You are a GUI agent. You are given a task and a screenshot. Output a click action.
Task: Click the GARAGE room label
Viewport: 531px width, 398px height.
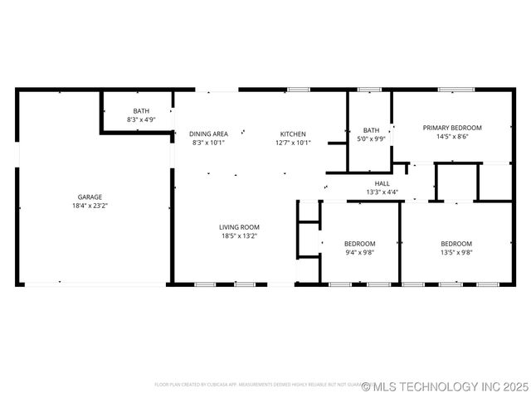click(x=90, y=197)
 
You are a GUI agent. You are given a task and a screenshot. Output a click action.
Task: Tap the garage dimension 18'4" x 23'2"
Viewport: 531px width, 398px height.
click(x=90, y=206)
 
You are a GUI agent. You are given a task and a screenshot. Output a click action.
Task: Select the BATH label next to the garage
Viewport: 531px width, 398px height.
click(x=141, y=111)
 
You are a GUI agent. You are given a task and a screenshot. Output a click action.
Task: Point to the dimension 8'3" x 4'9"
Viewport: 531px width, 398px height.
click(x=141, y=119)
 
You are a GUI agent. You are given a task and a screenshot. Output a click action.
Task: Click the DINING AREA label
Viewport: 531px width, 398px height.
click(x=208, y=133)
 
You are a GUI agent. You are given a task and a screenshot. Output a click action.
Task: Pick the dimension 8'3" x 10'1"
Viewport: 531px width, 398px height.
click(x=208, y=142)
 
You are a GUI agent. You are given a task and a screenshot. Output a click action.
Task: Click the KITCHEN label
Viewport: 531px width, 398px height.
click(x=293, y=133)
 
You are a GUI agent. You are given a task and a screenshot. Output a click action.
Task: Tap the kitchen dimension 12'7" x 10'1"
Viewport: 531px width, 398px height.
click(x=293, y=142)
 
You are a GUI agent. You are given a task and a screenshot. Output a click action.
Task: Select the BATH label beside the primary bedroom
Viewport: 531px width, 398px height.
click(x=371, y=130)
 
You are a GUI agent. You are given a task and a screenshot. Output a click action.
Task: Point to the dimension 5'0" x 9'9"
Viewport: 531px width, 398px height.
click(x=371, y=138)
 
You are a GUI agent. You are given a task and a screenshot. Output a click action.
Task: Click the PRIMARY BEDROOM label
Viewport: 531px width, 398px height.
click(x=452, y=128)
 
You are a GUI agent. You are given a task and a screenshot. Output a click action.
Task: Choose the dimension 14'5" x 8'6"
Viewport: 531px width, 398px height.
click(x=452, y=137)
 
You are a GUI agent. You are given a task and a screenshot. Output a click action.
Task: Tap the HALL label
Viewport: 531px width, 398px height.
click(x=382, y=183)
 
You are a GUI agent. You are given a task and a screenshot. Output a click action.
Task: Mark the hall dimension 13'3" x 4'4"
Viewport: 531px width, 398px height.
click(x=382, y=192)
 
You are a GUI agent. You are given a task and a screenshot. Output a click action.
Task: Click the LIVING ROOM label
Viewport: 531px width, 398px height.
click(x=240, y=227)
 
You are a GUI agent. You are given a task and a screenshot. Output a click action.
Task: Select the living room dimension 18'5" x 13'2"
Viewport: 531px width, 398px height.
click(x=240, y=235)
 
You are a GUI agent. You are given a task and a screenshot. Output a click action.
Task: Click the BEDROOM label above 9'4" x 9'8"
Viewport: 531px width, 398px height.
click(x=359, y=244)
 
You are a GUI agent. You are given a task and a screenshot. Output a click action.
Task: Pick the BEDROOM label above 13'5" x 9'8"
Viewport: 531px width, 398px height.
click(x=456, y=244)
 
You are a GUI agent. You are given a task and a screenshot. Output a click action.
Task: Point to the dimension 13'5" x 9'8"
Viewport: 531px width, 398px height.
click(x=456, y=252)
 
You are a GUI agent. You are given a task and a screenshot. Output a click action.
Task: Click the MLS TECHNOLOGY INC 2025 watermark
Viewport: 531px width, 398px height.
click(x=445, y=386)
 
